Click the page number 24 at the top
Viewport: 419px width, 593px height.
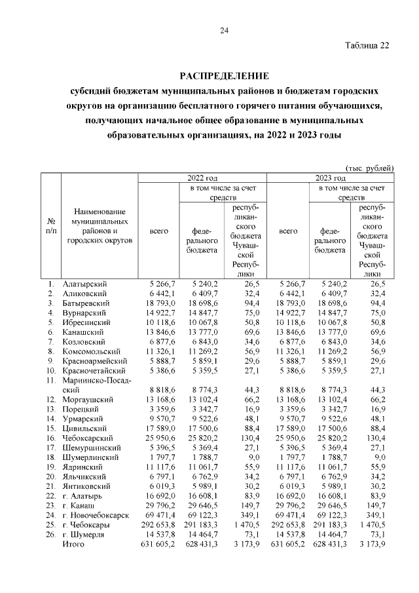(224, 31)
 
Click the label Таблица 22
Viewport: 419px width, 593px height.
(367, 45)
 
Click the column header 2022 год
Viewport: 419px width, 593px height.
(202, 178)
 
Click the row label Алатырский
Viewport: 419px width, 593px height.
(84, 284)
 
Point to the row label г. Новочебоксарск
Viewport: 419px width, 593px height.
(96, 515)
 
